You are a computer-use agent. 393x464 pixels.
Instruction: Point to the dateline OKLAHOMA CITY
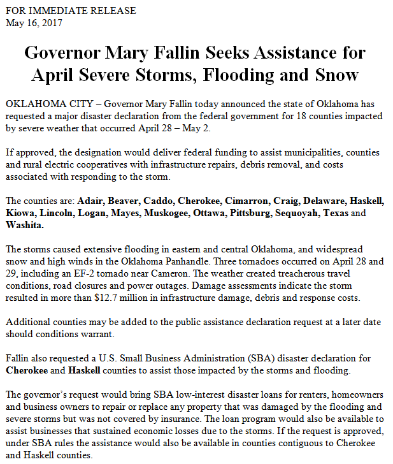coord(45,104)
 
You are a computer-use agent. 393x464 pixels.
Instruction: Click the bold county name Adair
coord(90,201)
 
